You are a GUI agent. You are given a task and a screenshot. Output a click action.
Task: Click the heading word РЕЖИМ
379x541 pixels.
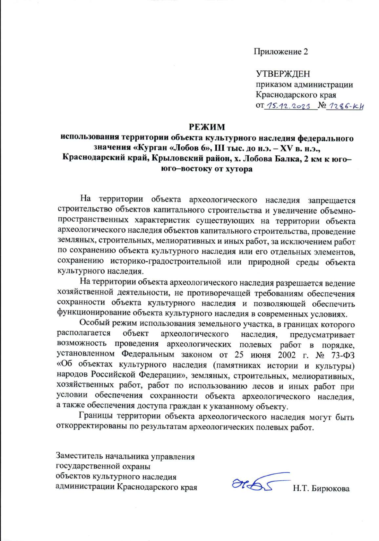[207, 127]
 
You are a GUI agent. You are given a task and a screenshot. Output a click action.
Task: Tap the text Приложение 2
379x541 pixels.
[280, 51]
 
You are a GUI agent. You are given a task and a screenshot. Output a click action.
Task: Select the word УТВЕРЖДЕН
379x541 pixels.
[283, 74]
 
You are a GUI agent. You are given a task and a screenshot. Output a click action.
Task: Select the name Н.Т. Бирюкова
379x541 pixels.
[321, 489]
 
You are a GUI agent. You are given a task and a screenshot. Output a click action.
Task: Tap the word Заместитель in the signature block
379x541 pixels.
[79, 456]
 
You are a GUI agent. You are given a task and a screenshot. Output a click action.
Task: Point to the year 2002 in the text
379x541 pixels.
[287, 355]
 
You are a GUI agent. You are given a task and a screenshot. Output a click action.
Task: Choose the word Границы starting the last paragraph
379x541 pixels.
[95, 417]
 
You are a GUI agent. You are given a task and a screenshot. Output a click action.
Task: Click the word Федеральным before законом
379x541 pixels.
[148, 355]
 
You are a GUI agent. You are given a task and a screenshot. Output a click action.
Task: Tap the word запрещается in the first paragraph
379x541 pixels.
[332, 201]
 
